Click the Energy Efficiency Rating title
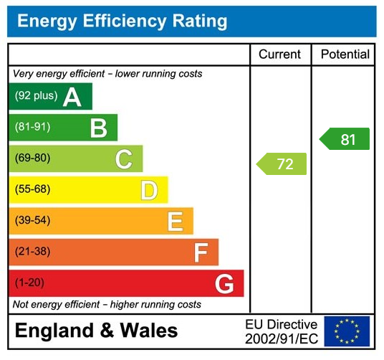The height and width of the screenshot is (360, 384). pyautogui.click(x=122, y=21)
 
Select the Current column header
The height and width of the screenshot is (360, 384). pyautogui.click(x=280, y=55)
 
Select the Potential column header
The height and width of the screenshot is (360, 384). pyautogui.click(x=345, y=55)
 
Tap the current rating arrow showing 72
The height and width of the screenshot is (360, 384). pyautogui.click(x=282, y=164)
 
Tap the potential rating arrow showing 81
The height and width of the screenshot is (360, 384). pyautogui.click(x=345, y=139)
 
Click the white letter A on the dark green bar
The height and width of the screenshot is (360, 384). pyautogui.click(x=72, y=97)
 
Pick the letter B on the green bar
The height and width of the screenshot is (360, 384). pyautogui.click(x=98, y=128)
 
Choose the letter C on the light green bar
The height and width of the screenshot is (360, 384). pyautogui.click(x=123, y=159)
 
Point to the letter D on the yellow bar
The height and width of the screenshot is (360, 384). pyautogui.click(x=148, y=191)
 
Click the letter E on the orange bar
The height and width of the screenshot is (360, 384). pyautogui.click(x=175, y=222)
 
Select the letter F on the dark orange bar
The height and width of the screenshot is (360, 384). pyautogui.click(x=201, y=252)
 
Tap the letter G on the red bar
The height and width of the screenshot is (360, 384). pyautogui.click(x=224, y=284)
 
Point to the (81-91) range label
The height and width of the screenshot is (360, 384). pyautogui.click(x=32, y=128)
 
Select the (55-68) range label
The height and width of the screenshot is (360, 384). pyautogui.click(x=32, y=190)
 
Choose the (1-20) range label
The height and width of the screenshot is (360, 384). pyautogui.click(x=29, y=283)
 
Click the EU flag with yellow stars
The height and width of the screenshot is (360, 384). pyautogui.click(x=347, y=331)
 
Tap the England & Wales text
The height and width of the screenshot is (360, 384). pyautogui.click(x=96, y=331)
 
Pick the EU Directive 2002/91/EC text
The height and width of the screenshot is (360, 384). pyautogui.click(x=281, y=331)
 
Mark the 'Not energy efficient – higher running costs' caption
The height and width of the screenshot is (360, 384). pyautogui.click(x=107, y=305)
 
